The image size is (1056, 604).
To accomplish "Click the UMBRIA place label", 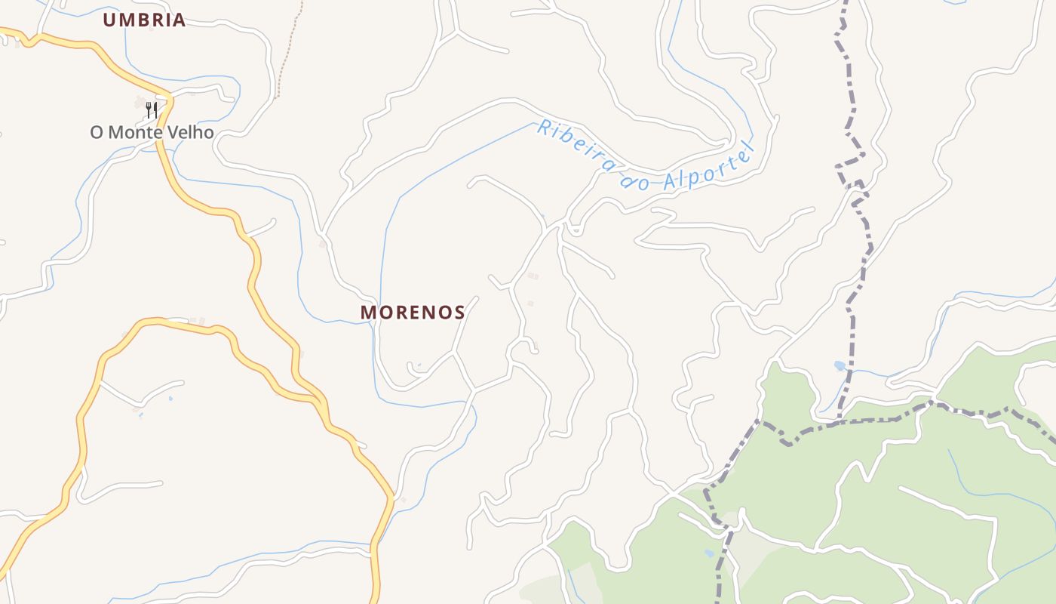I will click(x=144, y=20).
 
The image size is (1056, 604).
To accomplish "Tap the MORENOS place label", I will click(x=413, y=312).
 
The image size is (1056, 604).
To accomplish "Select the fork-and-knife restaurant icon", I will click(x=152, y=109).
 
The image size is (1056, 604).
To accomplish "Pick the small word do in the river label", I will click(x=635, y=180).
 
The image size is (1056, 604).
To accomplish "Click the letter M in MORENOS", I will click(x=368, y=312).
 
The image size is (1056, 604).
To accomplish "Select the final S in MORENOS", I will click(x=459, y=312).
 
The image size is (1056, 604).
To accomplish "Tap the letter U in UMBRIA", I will click(x=109, y=20).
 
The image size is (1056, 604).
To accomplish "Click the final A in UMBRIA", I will click(x=179, y=20).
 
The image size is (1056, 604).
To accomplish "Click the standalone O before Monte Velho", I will click(x=97, y=133).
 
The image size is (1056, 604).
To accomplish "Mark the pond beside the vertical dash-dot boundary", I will click(x=840, y=366).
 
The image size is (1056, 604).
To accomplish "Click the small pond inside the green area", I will click(x=709, y=553).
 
